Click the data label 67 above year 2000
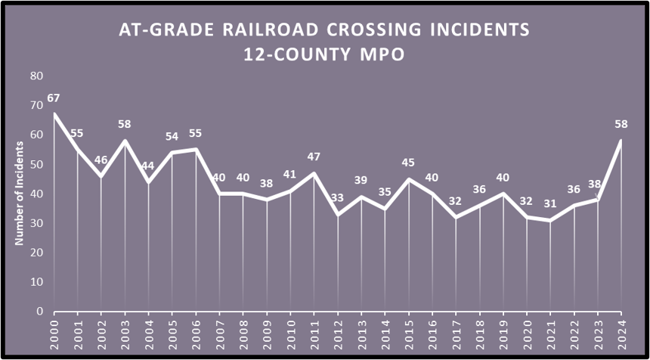[53, 98]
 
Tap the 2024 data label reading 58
[621, 124]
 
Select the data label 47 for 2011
[314, 157]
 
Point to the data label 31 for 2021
[550, 204]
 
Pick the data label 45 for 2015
[408, 163]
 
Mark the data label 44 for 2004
[148, 166]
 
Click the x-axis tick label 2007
[219, 332]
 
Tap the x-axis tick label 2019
[503, 332]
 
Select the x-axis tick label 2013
[361, 332]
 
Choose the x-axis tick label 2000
[54, 332]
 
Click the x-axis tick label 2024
[621, 332]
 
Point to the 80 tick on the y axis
[36, 76]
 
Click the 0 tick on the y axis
[39, 311]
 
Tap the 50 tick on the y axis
[36, 164]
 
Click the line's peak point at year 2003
[125, 141]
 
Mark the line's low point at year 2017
[456, 217]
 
